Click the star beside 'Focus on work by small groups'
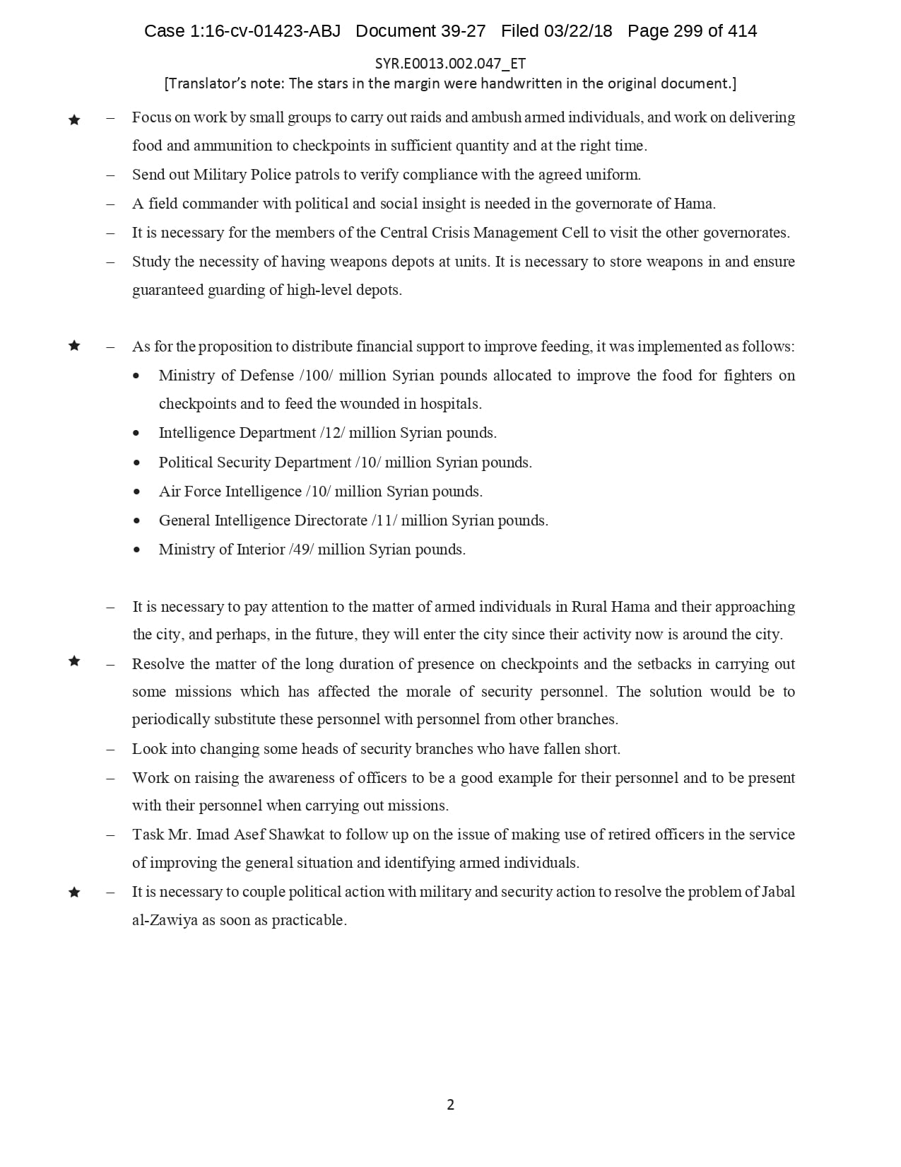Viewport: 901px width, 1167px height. coord(74,120)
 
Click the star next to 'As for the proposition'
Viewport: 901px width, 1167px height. coord(74,346)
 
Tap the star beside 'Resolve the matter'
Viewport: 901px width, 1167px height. coord(74,661)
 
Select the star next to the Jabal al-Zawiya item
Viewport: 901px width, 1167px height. coord(74,893)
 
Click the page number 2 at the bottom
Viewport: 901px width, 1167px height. coord(450,1105)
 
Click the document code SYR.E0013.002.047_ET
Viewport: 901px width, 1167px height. coord(450,64)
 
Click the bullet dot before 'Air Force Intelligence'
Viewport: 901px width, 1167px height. coord(137,492)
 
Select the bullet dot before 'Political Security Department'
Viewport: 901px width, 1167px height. coord(137,463)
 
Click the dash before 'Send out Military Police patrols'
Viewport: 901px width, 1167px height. coord(110,175)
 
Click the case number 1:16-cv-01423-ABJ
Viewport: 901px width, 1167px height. coord(266,31)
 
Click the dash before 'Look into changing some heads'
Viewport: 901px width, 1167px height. coord(110,749)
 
